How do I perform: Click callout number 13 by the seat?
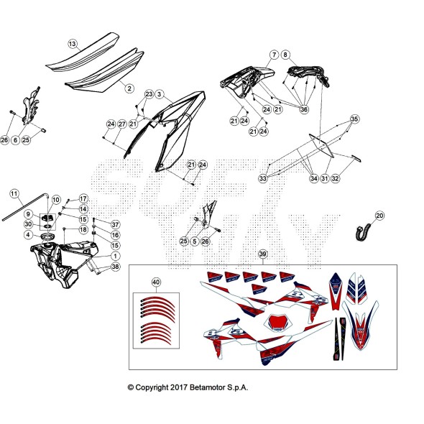tap(72, 45)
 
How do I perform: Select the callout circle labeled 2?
tap(129, 88)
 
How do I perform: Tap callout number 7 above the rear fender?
tap(274, 55)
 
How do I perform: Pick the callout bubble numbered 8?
tap(286, 55)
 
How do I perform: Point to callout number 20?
tap(379, 216)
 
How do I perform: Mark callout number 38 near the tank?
tap(116, 267)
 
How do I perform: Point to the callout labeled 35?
tap(354, 119)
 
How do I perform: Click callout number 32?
tap(336, 178)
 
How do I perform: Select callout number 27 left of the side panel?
tap(122, 124)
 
